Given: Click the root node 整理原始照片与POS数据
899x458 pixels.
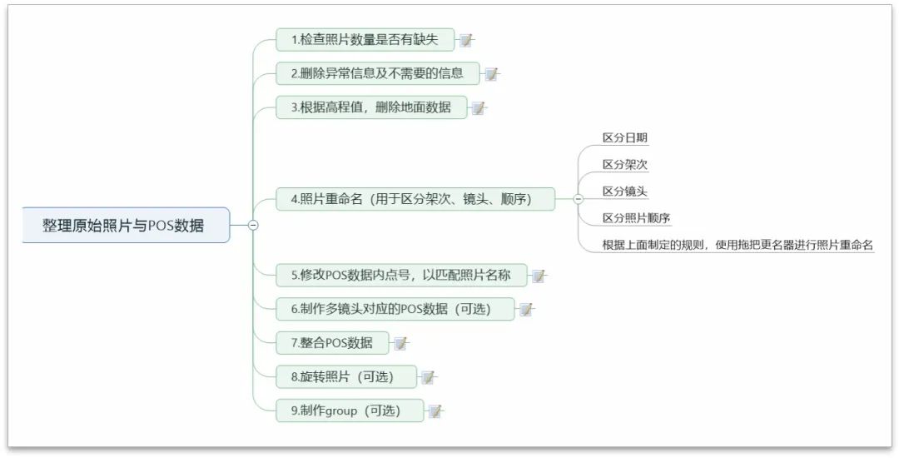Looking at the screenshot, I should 125,225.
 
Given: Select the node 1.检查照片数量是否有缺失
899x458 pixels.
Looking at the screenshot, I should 364,40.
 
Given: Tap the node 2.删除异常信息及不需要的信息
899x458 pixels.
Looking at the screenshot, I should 377,73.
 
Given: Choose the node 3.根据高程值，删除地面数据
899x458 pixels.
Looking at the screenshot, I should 370,107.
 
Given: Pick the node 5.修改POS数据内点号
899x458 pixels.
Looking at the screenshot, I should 400,275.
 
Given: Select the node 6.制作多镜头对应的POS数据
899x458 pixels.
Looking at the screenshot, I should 390,309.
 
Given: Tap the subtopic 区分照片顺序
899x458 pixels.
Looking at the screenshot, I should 636,218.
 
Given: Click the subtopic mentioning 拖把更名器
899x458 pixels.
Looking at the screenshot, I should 737,245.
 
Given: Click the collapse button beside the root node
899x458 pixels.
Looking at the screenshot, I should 253,225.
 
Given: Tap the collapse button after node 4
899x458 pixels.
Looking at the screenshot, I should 579,199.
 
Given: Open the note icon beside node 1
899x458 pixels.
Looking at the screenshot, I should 466,40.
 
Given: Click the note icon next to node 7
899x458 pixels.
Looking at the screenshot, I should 400,343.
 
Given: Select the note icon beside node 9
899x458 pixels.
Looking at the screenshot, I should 435,411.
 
